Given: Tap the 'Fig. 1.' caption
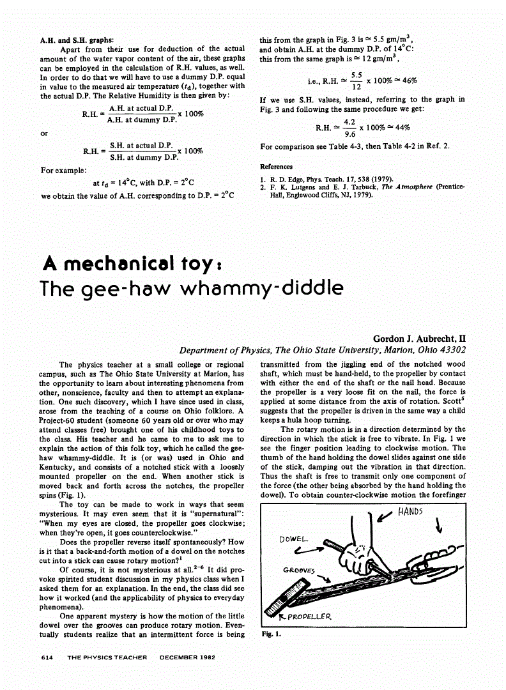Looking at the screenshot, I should point(271,635).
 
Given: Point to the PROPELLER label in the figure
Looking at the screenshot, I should point(309,617).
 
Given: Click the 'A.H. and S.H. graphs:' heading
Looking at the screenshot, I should point(77,40).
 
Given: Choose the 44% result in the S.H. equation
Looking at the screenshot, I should point(398,127).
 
